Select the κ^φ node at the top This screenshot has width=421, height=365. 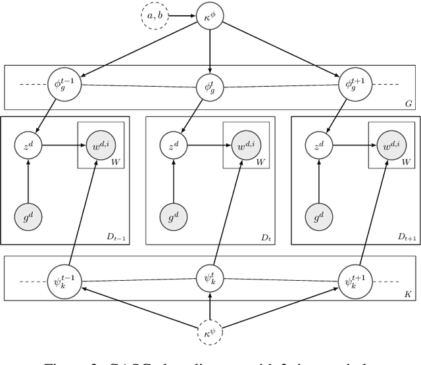(210, 14)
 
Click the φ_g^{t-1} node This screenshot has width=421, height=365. (61, 85)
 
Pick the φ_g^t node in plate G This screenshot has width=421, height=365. (210, 85)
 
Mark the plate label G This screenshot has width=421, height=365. (409, 103)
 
